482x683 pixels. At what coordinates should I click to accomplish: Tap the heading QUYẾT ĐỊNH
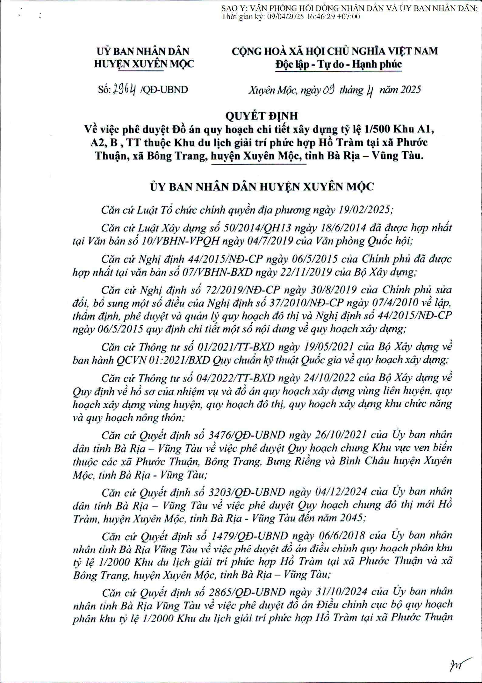(x=241, y=116)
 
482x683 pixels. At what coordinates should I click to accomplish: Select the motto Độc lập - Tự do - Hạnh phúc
(x=338, y=64)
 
